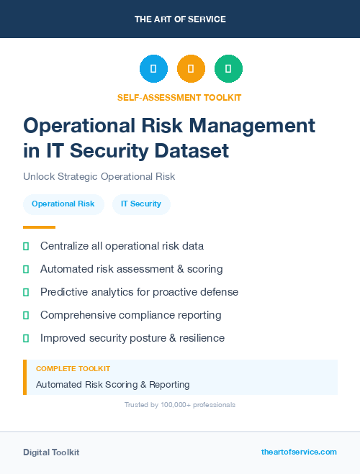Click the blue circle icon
pyautogui.click(x=153, y=69)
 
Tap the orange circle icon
pyautogui.click(x=191, y=69)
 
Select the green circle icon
pyautogui.click(x=228, y=69)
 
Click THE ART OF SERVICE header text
pyautogui.click(x=180, y=19)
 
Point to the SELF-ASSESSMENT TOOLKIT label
pyautogui.click(x=179, y=97)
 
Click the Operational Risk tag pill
pyautogui.click(x=63, y=204)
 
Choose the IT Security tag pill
pyautogui.click(x=141, y=204)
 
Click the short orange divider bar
pyautogui.click(x=29, y=227)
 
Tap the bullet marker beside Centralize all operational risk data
pyautogui.click(x=26, y=246)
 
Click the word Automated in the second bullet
pyautogui.click(x=66, y=269)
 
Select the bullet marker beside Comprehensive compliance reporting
pyautogui.click(x=26, y=315)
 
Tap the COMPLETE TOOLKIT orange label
pyautogui.click(x=73, y=368)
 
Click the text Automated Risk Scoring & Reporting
pyautogui.click(x=112, y=384)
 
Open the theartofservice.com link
pyautogui.click(x=299, y=452)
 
